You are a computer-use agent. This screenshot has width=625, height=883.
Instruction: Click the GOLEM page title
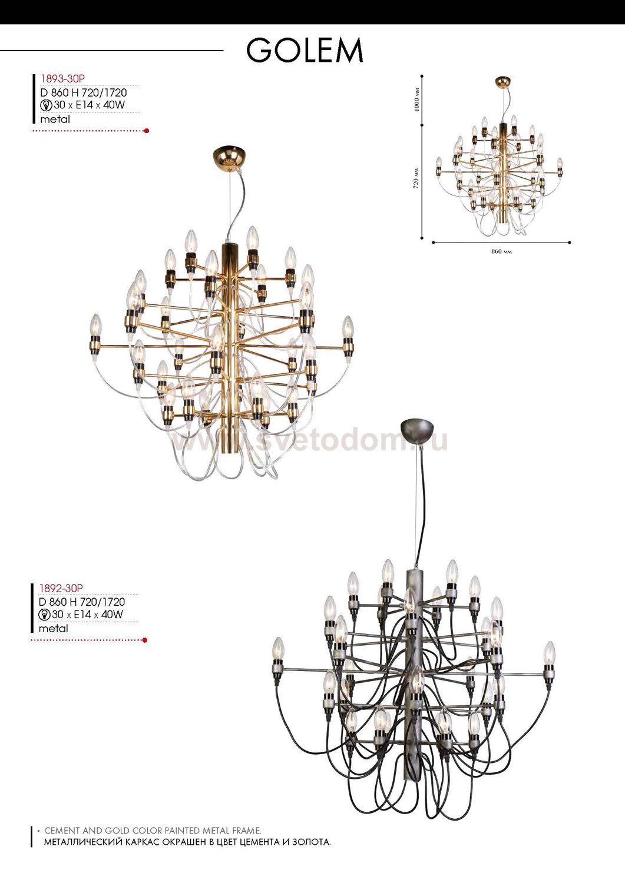tap(305, 50)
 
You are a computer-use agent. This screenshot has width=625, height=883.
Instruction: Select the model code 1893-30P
tap(63, 79)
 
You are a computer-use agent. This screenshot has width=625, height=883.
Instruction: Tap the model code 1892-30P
tap(61, 588)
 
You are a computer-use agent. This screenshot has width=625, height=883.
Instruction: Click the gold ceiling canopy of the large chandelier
tap(226, 157)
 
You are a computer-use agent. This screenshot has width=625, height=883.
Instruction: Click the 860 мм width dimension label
tap(501, 251)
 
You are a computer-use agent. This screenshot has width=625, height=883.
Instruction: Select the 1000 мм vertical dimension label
tap(418, 99)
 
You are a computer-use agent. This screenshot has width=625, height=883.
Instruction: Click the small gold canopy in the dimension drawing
tap(503, 82)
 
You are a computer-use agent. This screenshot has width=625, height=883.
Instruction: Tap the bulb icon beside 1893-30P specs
tap(47, 105)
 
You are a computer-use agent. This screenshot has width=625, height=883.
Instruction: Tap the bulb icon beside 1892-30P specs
tap(45, 615)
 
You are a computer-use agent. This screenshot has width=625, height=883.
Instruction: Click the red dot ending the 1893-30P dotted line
tap(147, 131)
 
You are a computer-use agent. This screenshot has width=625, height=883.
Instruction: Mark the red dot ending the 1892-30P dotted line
tap(145, 640)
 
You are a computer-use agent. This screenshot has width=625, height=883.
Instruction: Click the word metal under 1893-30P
tap(55, 119)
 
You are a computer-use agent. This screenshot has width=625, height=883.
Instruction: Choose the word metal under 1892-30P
tap(53, 628)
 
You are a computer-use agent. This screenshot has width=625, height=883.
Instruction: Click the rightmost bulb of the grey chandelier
tap(549, 653)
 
